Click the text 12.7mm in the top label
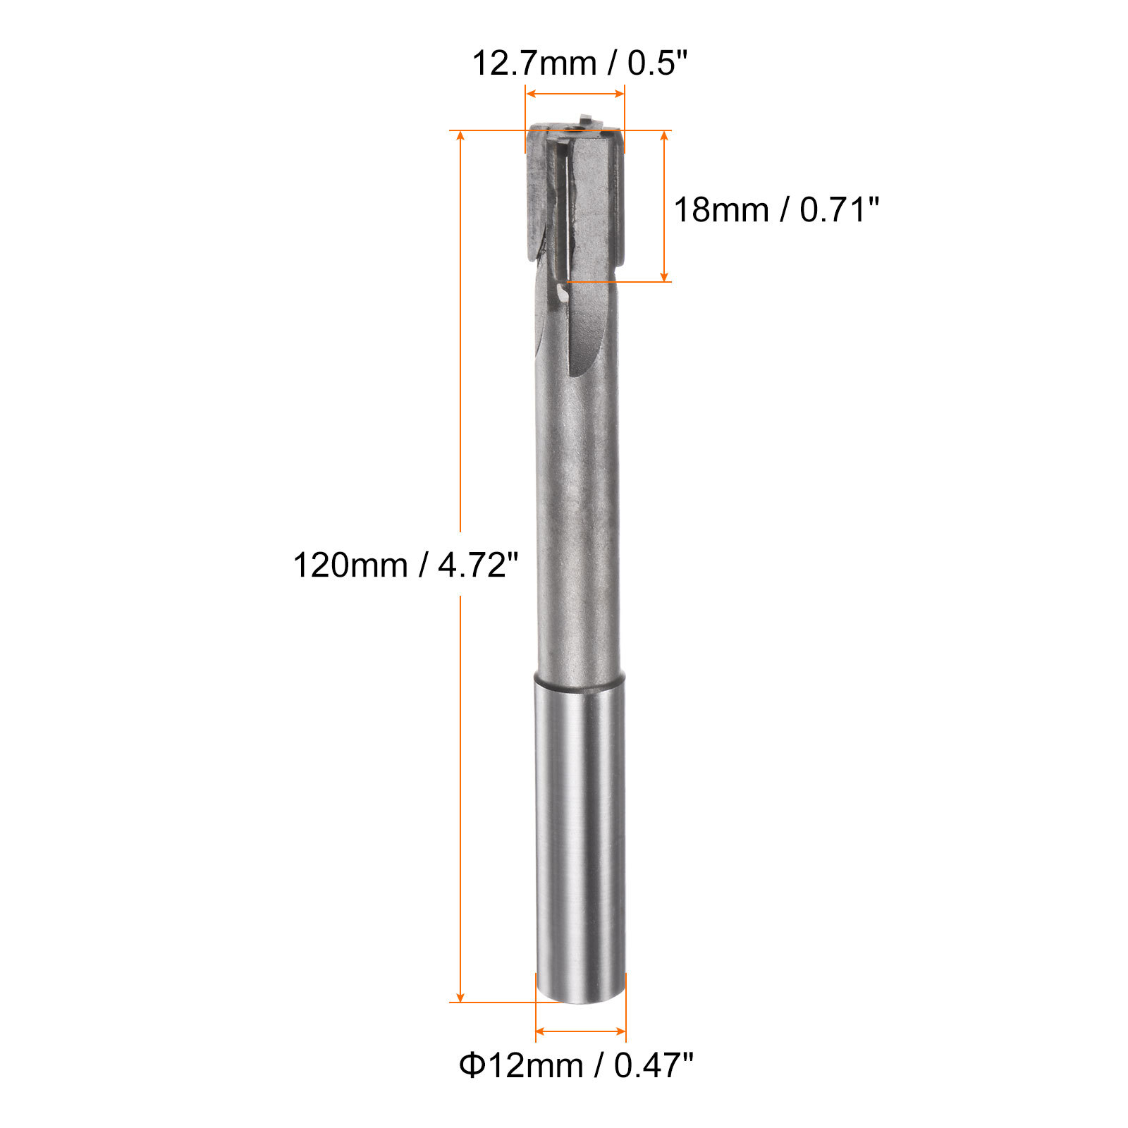[534, 64]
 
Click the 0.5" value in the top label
[656, 64]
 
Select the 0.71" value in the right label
[839, 210]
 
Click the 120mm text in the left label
[350, 565]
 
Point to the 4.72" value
[477, 565]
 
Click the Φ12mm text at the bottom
[520, 1065]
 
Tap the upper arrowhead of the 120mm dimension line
[460, 137]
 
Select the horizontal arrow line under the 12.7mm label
[575, 94]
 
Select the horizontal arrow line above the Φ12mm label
[580, 1031]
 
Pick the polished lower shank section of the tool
[580, 832]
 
